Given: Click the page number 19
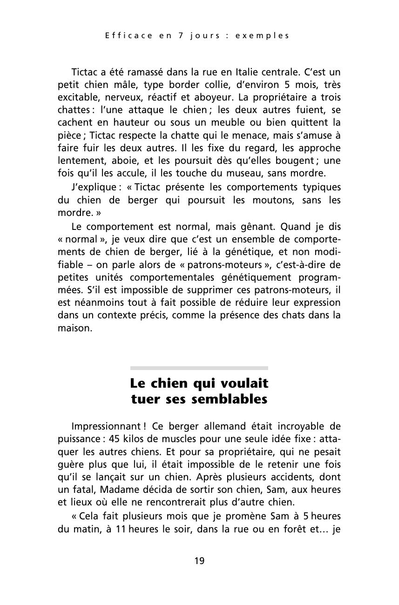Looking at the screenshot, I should (x=199, y=561).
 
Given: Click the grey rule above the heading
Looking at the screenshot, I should (x=199, y=368).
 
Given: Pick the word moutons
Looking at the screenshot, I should (x=274, y=200).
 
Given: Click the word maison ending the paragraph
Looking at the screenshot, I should (x=74, y=328).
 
